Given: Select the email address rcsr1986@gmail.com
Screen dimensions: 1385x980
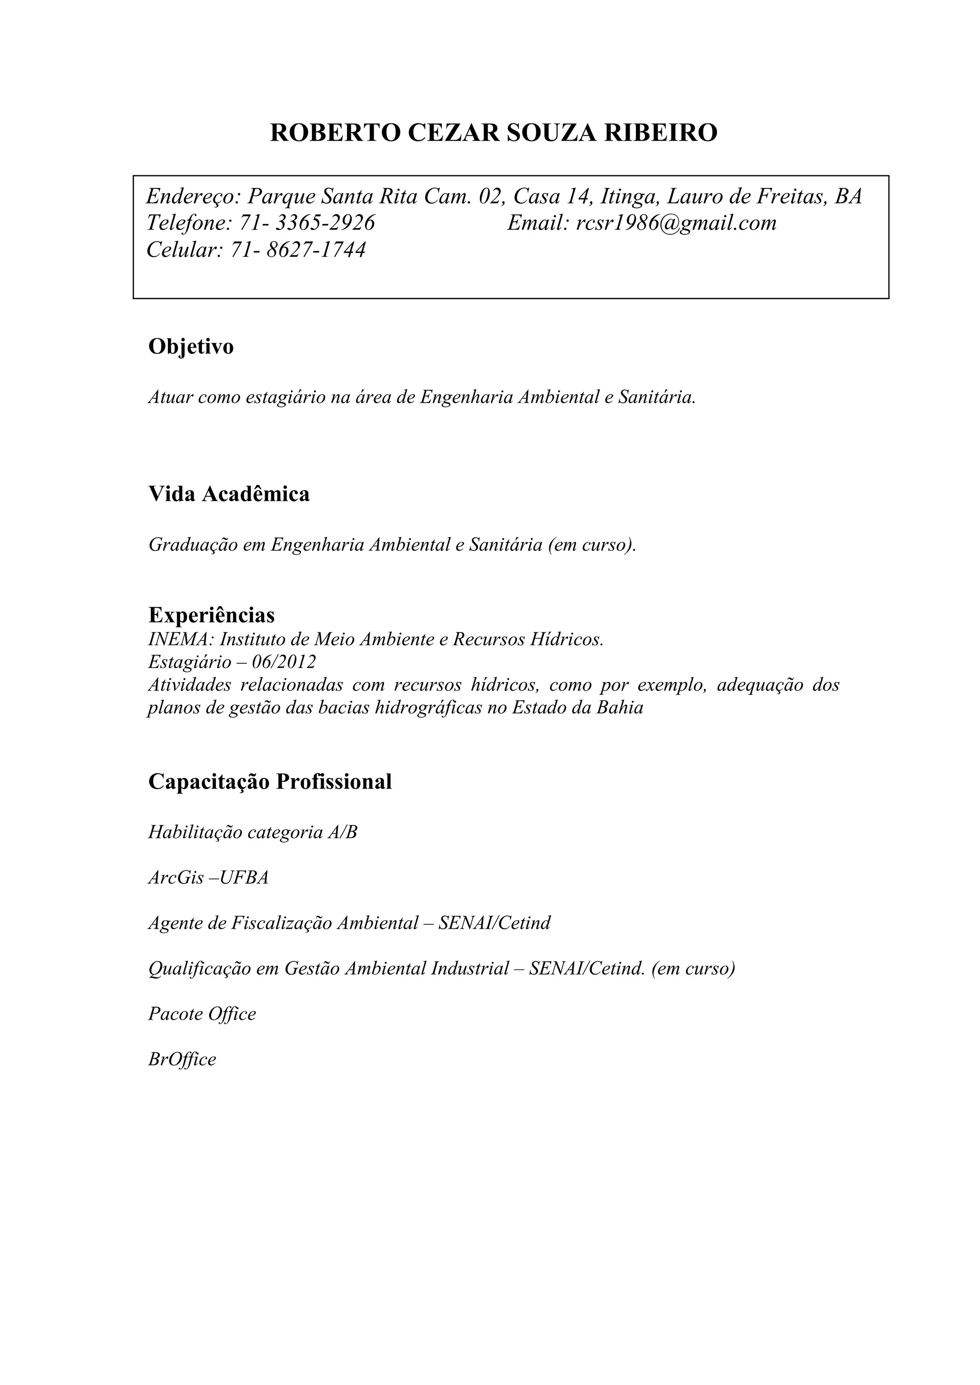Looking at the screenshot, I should tap(676, 223).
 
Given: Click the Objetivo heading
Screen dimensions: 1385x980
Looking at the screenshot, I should tap(191, 347).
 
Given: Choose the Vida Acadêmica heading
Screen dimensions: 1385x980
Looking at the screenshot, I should tap(229, 494).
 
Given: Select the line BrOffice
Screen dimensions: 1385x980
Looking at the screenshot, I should tap(182, 1060).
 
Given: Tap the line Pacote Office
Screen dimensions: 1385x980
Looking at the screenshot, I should tap(202, 1014).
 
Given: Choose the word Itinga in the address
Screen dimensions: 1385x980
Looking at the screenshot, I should tap(628, 197).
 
